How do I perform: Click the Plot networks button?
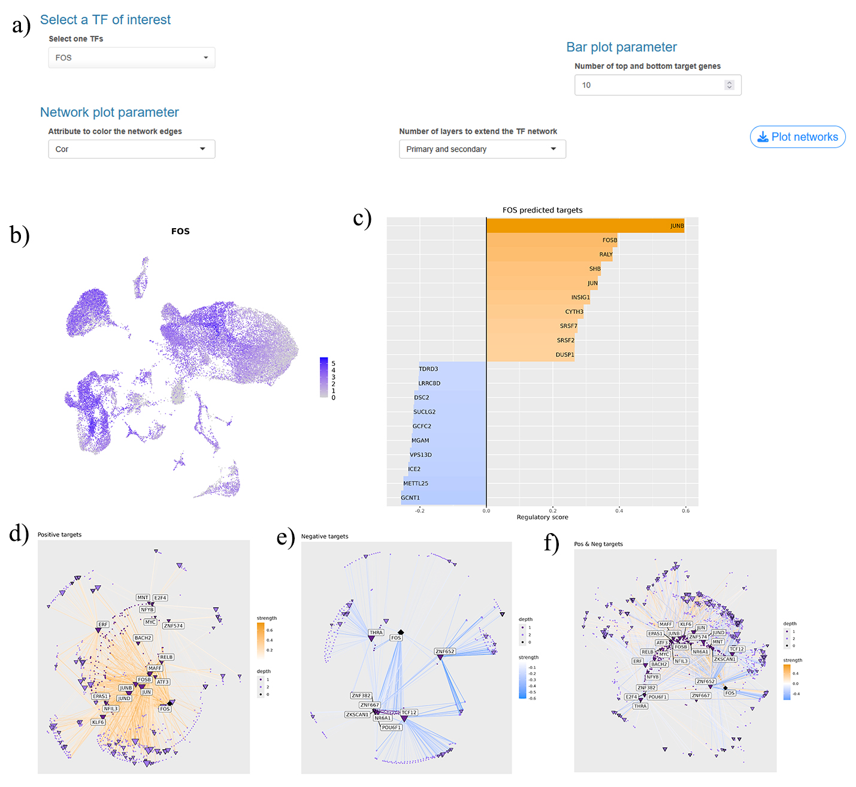(x=797, y=137)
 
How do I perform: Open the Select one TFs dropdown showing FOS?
(x=131, y=57)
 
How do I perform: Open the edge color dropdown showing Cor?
(x=131, y=149)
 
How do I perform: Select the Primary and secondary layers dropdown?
(x=482, y=149)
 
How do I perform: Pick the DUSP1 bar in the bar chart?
(x=530, y=355)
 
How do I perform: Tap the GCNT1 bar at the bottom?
(x=443, y=498)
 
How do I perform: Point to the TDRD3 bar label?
(x=428, y=369)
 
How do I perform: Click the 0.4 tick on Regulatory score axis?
(x=619, y=510)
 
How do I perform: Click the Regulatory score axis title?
(x=542, y=517)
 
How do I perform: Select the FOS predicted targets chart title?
(x=542, y=210)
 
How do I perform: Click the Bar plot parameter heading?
(x=621, y=47)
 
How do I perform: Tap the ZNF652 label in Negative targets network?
(x=445, y=651)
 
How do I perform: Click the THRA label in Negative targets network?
(x=376, y=632)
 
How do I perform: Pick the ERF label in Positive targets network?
(x=103, y=624)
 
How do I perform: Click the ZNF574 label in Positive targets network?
(x=173, y=626)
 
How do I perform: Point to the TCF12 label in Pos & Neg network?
(x=737, y=649)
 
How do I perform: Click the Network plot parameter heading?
(x=109, y=113)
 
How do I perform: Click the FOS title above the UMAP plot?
(x=180, y=231)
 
